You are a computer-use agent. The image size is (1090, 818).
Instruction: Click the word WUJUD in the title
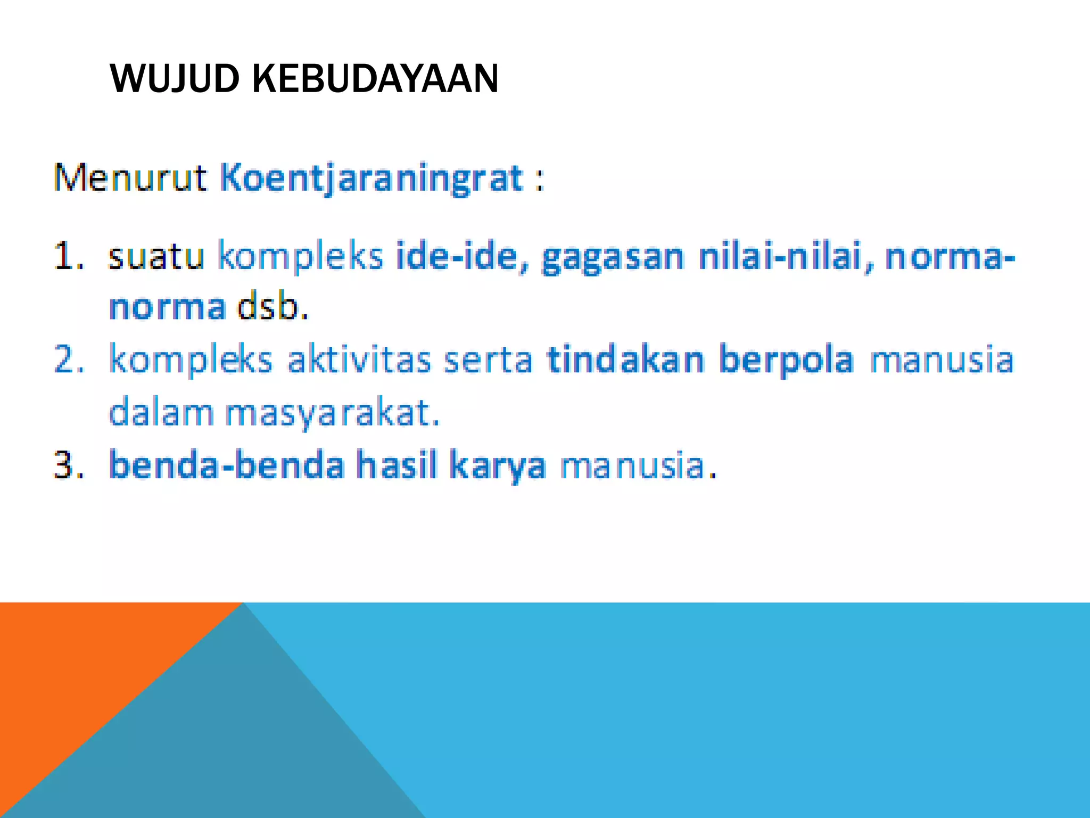click(175, 79)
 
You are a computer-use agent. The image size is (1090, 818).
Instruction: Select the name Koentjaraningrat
click(371, 178)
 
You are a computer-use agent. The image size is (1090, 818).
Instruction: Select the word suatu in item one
click(156, 256)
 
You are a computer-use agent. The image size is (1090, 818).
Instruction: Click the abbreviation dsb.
click(272, 307)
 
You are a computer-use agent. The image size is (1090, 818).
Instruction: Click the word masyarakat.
click(332, 413)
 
